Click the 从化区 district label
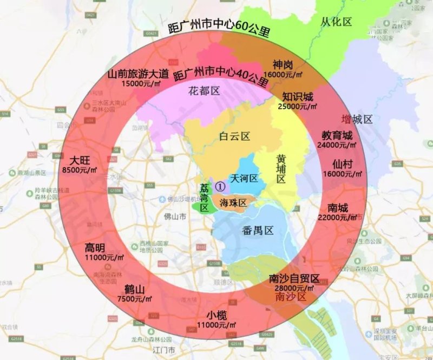(336, 22)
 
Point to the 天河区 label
(245, 178)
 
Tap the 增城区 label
(357, 119)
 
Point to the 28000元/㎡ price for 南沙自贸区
(293, 289)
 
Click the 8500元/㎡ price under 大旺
(80, 169)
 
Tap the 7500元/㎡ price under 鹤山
(132, 298)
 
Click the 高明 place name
(95, 248)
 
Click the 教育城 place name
(337, 135)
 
